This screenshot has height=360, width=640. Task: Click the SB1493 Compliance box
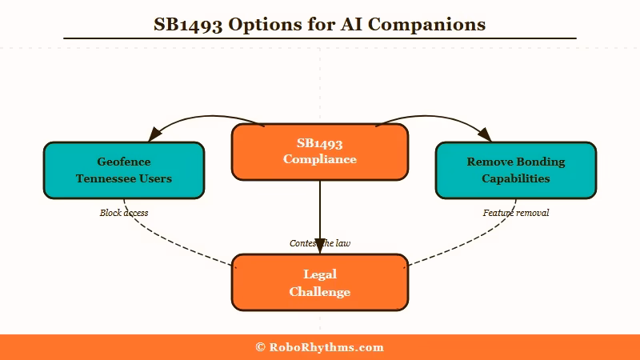320,152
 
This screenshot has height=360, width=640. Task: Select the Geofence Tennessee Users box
124,170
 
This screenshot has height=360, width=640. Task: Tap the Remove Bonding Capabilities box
516,170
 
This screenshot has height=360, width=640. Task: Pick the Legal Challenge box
320,282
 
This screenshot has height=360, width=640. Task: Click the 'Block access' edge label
124,213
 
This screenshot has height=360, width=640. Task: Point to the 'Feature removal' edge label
516,213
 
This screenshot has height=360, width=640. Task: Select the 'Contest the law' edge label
320,242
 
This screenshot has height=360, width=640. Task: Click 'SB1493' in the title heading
189,24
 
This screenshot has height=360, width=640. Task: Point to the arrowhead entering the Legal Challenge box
320,246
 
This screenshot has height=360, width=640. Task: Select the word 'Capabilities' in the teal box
516,178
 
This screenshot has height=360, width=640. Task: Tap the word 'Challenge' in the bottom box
320,292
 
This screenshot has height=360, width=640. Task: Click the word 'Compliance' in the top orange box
320,159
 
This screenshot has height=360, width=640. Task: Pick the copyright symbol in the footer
261,347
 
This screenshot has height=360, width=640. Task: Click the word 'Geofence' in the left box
124,162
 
